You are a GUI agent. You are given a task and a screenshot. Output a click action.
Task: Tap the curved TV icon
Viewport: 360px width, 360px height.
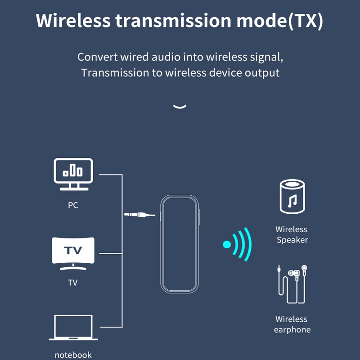(x=73, y=253)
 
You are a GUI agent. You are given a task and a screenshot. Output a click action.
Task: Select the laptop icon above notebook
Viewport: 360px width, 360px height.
(x=73, y=328)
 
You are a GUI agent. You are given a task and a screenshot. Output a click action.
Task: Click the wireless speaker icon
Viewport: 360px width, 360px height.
(x=292, y=196)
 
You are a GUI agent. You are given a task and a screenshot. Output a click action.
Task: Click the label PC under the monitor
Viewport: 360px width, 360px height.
(x=73, y=205)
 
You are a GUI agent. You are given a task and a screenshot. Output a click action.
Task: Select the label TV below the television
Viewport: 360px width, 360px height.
(x=72, y=283)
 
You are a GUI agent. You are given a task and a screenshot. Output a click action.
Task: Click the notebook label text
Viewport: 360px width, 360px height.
(x=73, y=355)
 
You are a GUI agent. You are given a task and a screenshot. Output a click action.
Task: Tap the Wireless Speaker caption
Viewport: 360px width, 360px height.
(x=292, y=234)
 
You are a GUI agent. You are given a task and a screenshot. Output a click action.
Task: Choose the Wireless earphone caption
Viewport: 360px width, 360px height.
(x=292, y=324)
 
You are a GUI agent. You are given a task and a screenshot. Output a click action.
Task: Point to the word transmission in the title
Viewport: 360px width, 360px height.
(x=171, y=21)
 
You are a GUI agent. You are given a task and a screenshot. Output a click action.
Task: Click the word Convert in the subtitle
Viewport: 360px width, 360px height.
(x=97, y=57)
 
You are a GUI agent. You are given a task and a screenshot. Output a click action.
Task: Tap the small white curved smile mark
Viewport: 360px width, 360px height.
(x=180, y=106)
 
